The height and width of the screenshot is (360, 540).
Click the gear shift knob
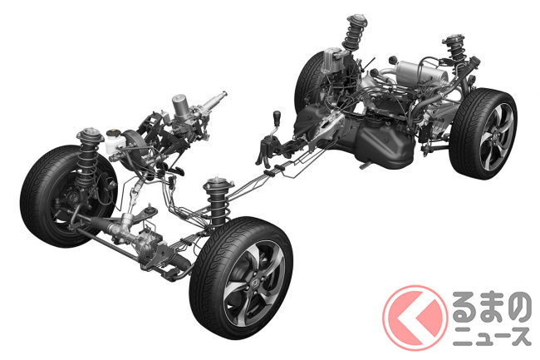277,116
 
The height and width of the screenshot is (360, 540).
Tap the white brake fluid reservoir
113,141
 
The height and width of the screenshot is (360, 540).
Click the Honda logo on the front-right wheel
256,284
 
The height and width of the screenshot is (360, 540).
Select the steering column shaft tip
224,93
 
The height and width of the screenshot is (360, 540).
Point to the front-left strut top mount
91,135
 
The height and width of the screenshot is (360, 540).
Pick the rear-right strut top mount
454,40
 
